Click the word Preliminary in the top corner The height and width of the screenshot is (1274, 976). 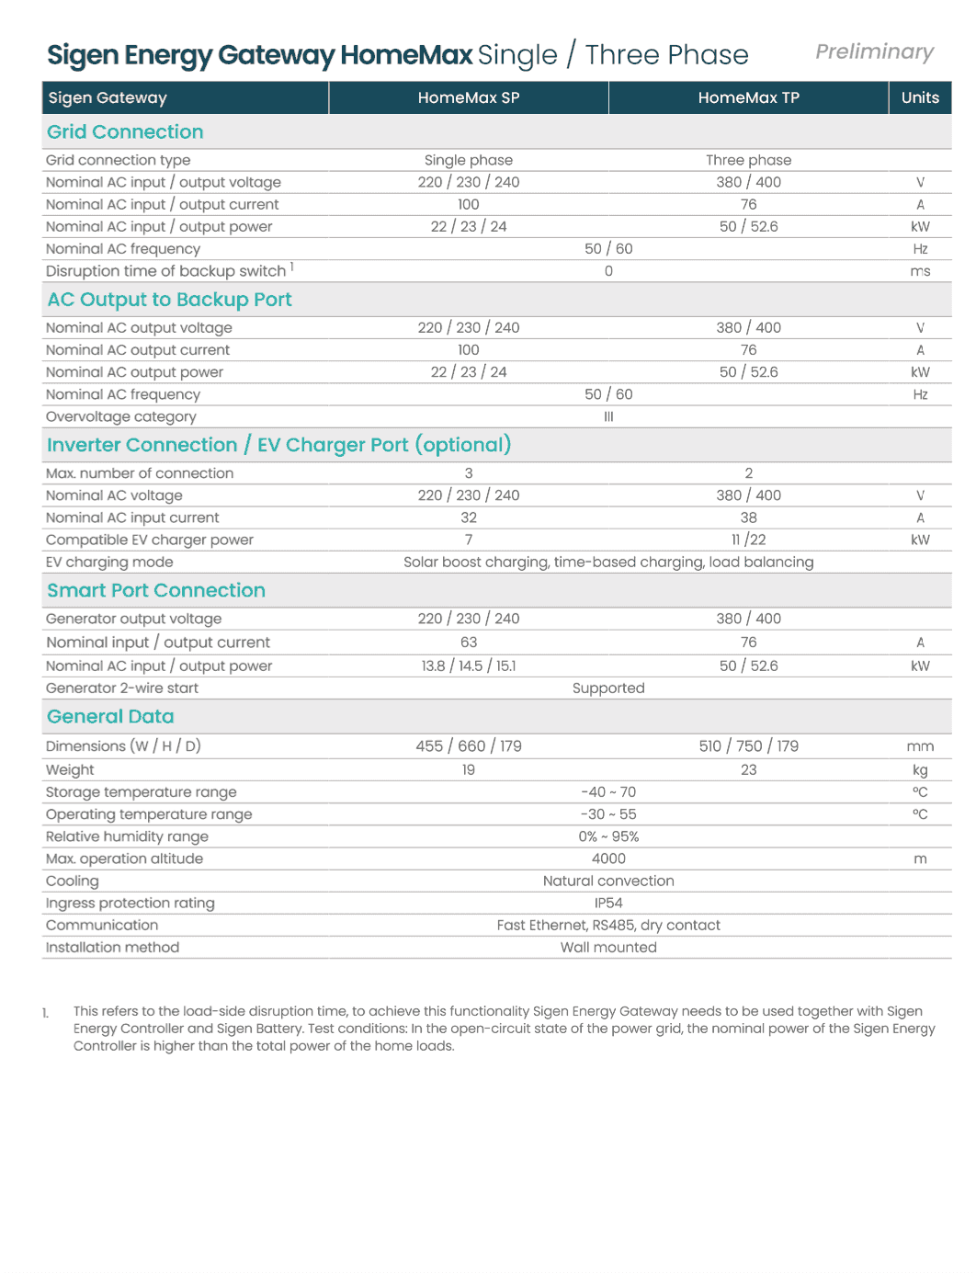click(874, 52)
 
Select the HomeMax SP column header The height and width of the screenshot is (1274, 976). click(469, 97)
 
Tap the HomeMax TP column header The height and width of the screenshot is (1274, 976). click(748, 97)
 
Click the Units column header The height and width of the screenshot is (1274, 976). click(920, 97)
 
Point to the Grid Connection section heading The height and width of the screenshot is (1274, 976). click(125, 132)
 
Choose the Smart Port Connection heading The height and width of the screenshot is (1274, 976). click(156, 591)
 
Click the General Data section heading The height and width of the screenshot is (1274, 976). click(110, 717)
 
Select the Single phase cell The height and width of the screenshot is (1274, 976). click(469, 160)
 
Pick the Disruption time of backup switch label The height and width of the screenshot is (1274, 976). click(166, 271)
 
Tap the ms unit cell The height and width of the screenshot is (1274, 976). click(920, 271)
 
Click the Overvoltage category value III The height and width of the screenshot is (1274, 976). click(608, 416)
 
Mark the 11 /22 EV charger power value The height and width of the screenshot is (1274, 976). click(748, 540)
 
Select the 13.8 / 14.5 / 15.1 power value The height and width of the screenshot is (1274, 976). click(469, 665)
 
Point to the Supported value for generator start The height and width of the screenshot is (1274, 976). click(608, 688)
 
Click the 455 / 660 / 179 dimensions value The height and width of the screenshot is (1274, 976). click(469, 746)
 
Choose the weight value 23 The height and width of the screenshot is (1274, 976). click(748, 769)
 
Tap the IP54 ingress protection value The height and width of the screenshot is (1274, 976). click(608, 903)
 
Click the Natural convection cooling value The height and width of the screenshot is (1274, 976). click(608, 881)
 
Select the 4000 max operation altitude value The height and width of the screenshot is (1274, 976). click(608, 859)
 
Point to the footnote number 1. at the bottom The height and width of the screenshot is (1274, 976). click(46, 1013)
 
